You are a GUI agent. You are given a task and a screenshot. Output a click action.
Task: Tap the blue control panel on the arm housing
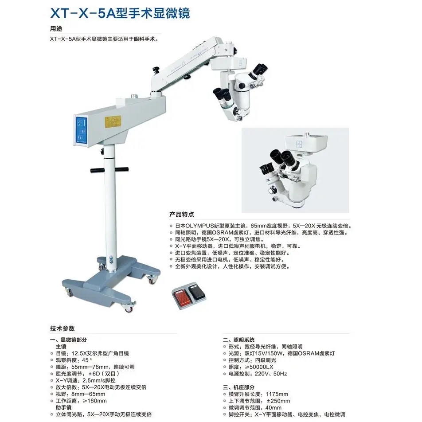(x=82, y=131)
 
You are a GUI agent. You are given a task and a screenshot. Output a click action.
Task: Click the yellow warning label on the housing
(x=113, y=121)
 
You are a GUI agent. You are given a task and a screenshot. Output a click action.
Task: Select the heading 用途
(x=56, y=28)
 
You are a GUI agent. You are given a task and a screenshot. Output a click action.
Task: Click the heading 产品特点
(x=181, y=215)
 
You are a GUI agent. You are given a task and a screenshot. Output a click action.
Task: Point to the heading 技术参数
(x=62, y=328)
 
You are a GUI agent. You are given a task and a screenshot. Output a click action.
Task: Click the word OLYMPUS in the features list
(x=199, y=226)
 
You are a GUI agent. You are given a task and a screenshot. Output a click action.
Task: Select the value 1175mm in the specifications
(x=277, y=394)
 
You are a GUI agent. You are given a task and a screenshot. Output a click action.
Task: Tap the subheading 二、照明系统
(x=239, y=340)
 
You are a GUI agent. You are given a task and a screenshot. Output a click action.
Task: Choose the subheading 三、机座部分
(x=239, y=387)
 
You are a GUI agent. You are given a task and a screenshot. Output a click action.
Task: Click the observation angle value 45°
(x=87, y=360)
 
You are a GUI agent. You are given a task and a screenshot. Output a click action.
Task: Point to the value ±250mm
(x=278, y=401)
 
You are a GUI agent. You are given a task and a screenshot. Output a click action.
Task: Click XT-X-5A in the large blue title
(x=83, y=13)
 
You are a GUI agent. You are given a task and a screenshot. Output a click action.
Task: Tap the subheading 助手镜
(x=64, y=407)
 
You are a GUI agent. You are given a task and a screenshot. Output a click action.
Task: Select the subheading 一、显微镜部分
(x=69, y=340)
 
